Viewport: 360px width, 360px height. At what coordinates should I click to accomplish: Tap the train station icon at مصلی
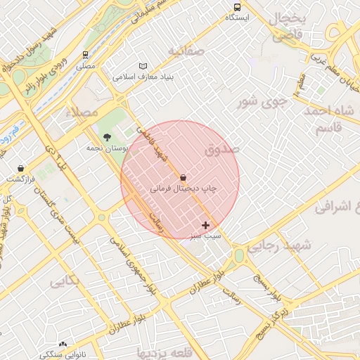(86, 55)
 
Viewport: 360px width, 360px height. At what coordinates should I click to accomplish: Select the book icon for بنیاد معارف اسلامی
(143, 66)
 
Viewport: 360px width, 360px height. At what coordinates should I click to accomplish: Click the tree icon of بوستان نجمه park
(107, 138)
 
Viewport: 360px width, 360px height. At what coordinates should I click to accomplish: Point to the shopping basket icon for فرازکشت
(21, 169)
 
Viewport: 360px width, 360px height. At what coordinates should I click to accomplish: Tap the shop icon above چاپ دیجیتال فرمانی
(183, 179)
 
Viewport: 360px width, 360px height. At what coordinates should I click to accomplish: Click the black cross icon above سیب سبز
(205, 225)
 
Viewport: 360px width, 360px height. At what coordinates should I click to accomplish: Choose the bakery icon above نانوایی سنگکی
(63, 345)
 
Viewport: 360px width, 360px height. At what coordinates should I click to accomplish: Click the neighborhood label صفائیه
(186, 51)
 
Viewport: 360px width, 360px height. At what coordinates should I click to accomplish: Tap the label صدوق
(223, 149)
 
